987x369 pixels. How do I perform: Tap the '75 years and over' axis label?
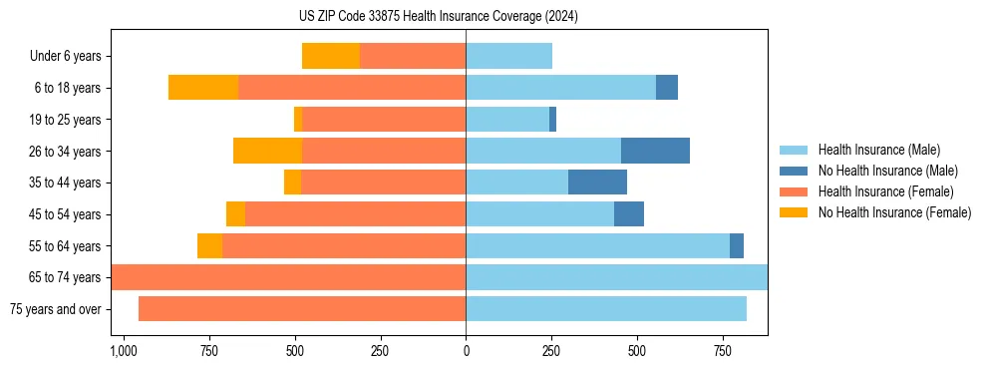tap(55, 309)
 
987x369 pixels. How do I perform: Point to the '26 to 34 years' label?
tap(66, 152)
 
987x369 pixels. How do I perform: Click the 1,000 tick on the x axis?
tap(123, 352)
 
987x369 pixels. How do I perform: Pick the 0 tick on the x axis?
tap(466, 352)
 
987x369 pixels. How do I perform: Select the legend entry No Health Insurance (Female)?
tap(894, 212)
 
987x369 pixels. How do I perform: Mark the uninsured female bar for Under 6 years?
tap(331, 57)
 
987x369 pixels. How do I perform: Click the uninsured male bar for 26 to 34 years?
tap(655, 152)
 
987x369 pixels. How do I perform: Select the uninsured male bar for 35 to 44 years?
tap(597, 183)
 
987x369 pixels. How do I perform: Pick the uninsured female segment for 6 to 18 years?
tap(203, 88)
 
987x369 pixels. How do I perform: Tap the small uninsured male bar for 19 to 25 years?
tap(552, 120)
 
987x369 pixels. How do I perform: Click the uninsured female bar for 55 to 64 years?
tap(209, 246)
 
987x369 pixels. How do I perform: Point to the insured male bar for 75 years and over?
tap(606, 309)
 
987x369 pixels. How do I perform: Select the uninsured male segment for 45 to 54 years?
tap(629, 214)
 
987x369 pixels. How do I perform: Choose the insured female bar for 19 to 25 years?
tap(384, 120)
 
